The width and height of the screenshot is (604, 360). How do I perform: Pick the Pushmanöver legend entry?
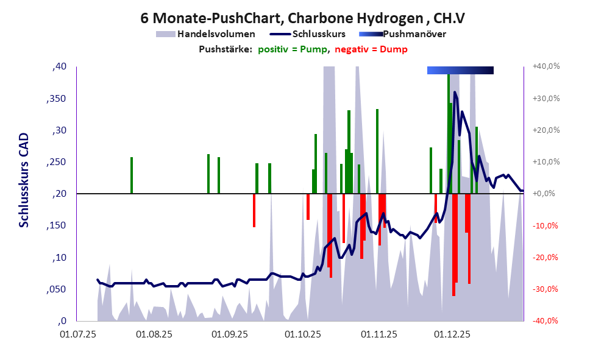414,34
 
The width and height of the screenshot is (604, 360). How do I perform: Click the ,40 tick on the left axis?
59,66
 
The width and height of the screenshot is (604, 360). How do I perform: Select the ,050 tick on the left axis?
56,289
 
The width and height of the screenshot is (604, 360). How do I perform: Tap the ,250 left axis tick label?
56,162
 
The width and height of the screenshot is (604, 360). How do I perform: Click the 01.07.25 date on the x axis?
78,334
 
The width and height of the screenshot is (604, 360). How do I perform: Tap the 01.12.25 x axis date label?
452,334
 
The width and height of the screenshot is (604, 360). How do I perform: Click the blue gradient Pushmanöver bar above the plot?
460,71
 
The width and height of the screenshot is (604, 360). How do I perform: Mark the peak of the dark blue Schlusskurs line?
455,93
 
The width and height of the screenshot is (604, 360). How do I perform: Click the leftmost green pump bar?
132,175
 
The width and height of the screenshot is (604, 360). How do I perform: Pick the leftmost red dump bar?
254,210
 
